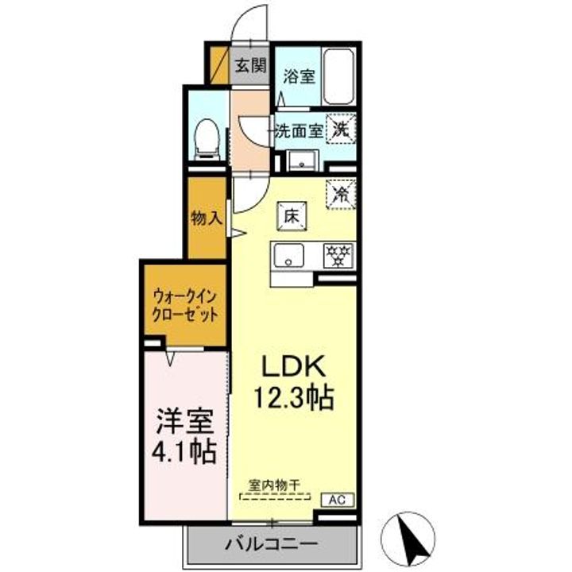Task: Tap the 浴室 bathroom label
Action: (300, 76)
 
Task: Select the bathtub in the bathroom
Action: (339, 78)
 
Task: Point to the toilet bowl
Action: (207, 139)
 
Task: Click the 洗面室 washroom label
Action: (299, 131)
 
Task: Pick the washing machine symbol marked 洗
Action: (340, 129)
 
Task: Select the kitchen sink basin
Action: (290, 255)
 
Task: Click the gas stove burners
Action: (338, 255)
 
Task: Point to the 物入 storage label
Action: (206, 218)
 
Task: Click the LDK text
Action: (294, 366)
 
